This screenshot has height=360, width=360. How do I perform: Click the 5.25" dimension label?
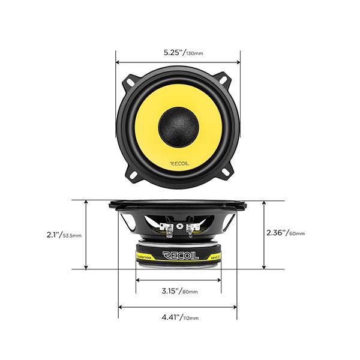(174, 52)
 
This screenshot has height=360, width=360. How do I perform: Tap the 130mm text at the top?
(194, 54)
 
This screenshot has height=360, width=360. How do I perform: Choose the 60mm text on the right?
(296, 233)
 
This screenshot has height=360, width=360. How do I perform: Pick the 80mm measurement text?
(190, 292)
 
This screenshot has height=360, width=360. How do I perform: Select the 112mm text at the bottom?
(190, 318)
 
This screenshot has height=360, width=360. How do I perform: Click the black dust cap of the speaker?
(178, 126)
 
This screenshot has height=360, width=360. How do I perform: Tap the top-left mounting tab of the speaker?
(133, 79)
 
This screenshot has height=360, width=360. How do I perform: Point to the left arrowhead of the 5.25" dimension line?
(118, 61)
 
